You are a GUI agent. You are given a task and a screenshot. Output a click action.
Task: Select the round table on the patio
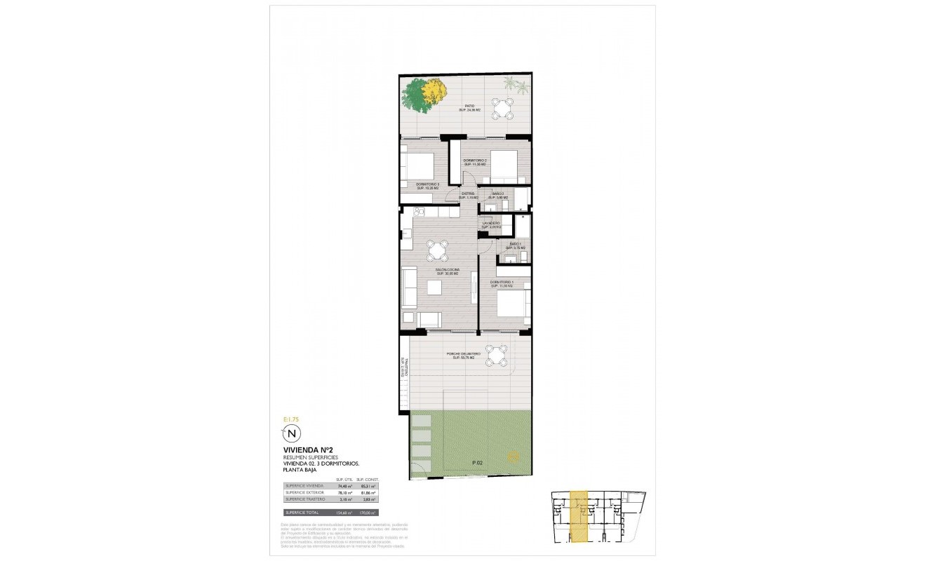pos(502,108)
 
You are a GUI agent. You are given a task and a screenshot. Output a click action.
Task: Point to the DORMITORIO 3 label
pos(427,186)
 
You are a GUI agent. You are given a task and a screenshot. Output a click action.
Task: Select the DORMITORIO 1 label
pos(502,284)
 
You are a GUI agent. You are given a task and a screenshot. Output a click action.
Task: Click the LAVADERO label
pos(490,224)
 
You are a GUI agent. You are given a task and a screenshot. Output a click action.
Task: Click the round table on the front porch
pos(497,356)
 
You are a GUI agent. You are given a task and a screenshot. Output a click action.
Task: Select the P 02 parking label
pos(478,463)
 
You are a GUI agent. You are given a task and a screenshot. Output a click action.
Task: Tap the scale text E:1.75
pos(290,419)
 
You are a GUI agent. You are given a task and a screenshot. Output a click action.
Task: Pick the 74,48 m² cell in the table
pos(344,485)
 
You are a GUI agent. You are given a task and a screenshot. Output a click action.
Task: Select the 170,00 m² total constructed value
pos(368,513)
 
